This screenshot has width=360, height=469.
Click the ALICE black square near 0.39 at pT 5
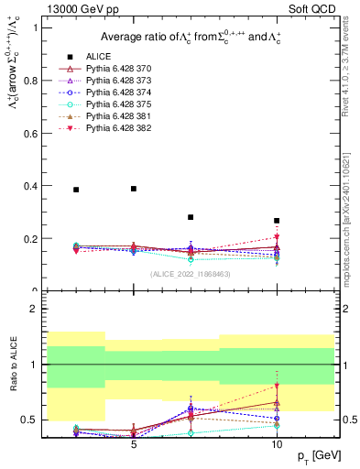(134, 189)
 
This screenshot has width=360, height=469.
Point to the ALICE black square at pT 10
(277, 221)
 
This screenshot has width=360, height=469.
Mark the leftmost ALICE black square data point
(76, 190)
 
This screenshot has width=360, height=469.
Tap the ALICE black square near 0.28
(191, 217)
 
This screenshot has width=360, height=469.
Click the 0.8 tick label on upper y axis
(34, 80)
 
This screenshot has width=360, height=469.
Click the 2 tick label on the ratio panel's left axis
(37, 309)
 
